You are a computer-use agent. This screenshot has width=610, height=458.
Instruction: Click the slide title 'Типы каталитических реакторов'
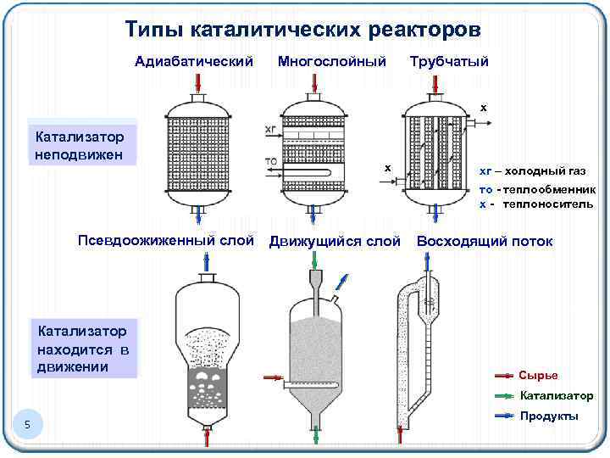(303, 31)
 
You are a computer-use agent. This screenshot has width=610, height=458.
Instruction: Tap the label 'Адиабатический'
(195, 61)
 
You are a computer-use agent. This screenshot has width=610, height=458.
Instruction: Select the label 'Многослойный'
(332, 61)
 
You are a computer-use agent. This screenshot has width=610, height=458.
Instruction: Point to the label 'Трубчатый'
(449, 61)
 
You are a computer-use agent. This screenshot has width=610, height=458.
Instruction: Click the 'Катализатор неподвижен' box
(81, 145)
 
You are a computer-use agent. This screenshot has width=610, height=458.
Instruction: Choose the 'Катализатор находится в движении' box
(82, 348)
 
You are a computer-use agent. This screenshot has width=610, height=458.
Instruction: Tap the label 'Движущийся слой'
(335, 242)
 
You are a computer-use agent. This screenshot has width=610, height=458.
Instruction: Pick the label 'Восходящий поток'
(485, 242)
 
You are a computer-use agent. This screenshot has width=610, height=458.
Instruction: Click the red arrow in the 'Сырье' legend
(505, 375)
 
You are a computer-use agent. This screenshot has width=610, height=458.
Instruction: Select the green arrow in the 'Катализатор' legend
(505, 396)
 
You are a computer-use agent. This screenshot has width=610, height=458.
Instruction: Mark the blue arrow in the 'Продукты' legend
(505, 416)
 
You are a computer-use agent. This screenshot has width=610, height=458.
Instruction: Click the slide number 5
(27, 424)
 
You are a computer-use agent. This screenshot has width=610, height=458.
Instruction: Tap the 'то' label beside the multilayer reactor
(271, 160)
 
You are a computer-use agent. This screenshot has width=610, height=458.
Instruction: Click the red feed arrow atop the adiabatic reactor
(199, 83)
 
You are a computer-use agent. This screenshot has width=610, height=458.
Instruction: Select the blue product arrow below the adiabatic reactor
(199, 215)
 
